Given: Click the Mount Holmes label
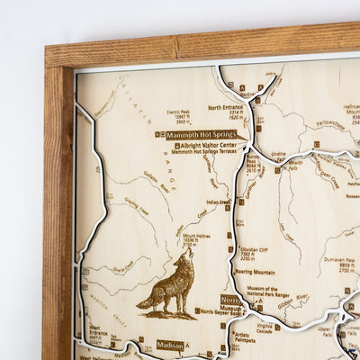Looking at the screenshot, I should [196, 240].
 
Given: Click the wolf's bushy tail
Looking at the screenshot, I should [144, 299].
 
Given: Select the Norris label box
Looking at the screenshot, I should [230, 300].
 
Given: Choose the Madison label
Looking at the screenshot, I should [170, 345].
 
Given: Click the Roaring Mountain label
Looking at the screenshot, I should [256, 271].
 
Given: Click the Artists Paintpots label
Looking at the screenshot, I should [241, 337].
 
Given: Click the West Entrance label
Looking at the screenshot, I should [98, 335].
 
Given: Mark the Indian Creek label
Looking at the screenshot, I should [218, 202].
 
